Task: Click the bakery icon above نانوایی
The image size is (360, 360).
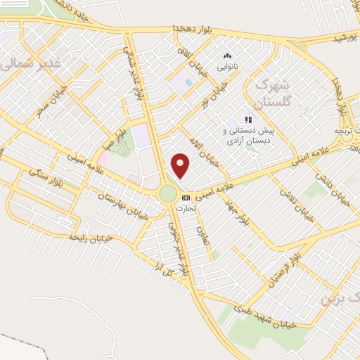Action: (227, 56)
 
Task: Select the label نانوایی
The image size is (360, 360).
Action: (226, 67)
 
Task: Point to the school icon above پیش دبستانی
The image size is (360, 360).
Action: (247, 120)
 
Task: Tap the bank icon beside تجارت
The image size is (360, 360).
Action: (186, 198)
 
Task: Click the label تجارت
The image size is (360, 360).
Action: (186, 208)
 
